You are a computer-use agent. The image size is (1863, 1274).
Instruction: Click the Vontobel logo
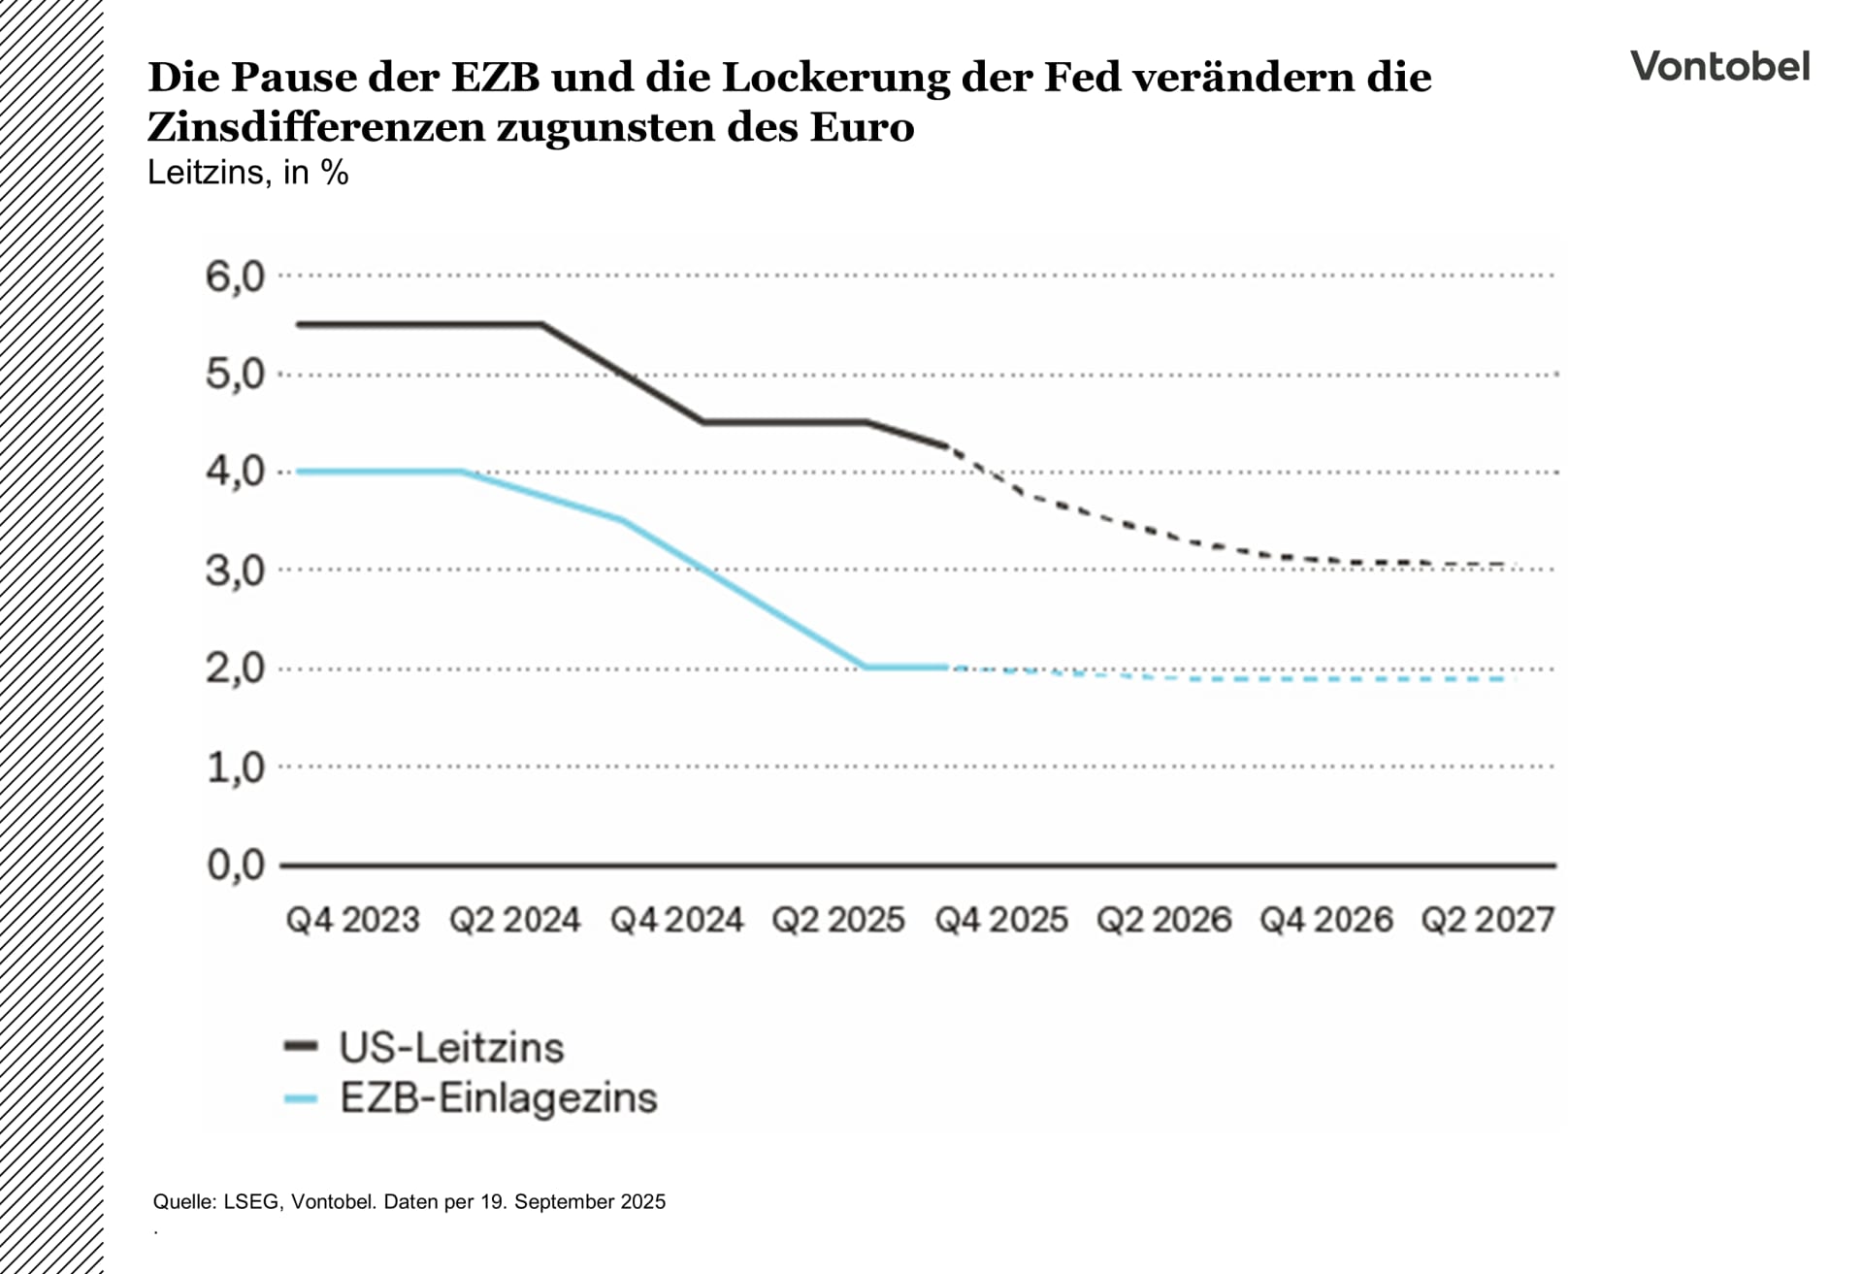[1719, 66]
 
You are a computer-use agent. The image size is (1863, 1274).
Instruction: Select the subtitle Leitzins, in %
[247, 173]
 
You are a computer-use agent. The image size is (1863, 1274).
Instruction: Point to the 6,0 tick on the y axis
[234, 278]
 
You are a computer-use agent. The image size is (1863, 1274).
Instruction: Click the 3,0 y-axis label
[234, 571]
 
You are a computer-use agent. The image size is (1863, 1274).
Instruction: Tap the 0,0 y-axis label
[235, 865]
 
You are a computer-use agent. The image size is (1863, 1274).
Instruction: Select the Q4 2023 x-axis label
[352, 920]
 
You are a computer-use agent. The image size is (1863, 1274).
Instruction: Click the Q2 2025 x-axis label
[838, 920]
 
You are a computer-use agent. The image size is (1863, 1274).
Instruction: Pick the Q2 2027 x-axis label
[1487, 920]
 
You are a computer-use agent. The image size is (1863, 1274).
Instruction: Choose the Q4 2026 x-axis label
[1325, 920]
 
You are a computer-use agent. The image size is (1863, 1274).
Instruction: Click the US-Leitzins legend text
[451, 1047]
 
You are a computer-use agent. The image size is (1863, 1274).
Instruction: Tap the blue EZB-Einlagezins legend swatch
[301, 1098]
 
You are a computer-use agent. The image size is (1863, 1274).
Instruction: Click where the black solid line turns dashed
[948, 446]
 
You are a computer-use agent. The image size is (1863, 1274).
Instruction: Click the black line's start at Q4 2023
[299, 324]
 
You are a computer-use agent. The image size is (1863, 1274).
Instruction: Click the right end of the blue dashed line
[1504, 679]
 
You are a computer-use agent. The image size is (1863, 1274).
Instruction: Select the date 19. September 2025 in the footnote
[573, 1202]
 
